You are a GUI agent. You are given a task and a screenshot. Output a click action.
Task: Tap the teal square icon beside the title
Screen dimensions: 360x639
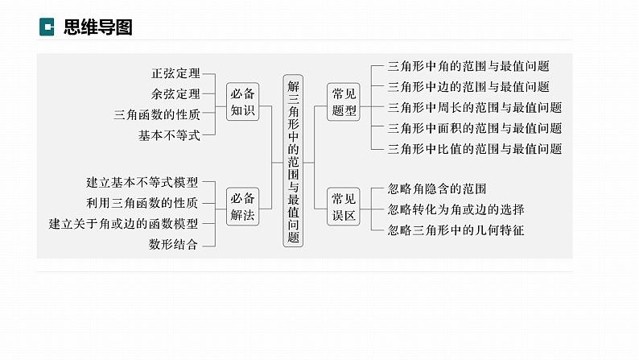pyautogui.click(x=47, y=27)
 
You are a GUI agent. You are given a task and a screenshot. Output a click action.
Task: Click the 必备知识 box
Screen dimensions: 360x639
pyautogui.click(x=242, y=102)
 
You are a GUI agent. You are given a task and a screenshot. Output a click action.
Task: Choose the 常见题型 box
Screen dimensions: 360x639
pyautogui.click(x=344, y=102)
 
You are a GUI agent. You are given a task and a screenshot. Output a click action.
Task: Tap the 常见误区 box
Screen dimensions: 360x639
pyautogui.click(x=344, y=206)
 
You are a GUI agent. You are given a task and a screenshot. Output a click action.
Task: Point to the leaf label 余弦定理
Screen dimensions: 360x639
pyautogui.click(x=175, y=94)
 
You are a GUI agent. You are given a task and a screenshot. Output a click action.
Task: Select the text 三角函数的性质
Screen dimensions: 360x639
pyautogui.click(x=157, y=115)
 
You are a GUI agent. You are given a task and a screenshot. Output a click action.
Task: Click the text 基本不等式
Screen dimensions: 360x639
pyautogui.click(x=168, y=135)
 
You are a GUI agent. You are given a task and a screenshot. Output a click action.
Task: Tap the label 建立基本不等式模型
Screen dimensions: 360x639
pyautogui.click(x=142, y=182)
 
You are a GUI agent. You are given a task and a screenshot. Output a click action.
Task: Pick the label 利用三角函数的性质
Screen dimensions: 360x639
pyautogui.click(x=142, y=203)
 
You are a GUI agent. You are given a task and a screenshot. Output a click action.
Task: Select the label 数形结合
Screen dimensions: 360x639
pyautogui.click(x=172, y=243)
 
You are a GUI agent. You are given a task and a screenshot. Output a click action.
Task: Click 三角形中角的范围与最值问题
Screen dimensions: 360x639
pyautogui.click(x=468, y=66)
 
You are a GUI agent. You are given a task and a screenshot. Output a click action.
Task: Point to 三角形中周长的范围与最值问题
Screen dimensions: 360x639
pyautogui.click(x=475, y=107)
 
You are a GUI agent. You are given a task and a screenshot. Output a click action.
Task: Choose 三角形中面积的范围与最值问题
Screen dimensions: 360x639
pyautogui.click(x=475, y=128)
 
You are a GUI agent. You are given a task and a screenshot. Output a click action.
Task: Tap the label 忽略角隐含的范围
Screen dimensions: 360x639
pyautogui.click(x=437, y=189)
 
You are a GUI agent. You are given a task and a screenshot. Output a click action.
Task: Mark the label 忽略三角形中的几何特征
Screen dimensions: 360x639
pyautogui.click(x=456, y=230)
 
